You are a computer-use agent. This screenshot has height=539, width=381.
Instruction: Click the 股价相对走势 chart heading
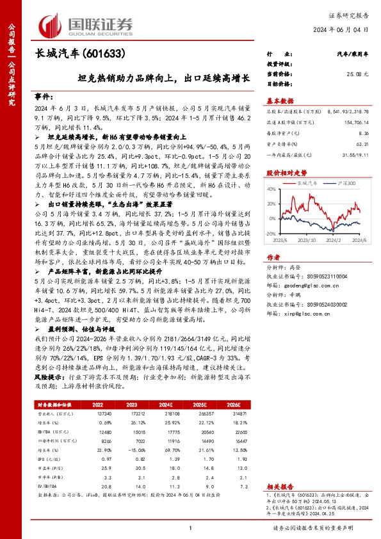click(285, 173)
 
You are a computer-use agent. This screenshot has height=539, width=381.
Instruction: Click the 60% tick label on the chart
click(273, 194)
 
